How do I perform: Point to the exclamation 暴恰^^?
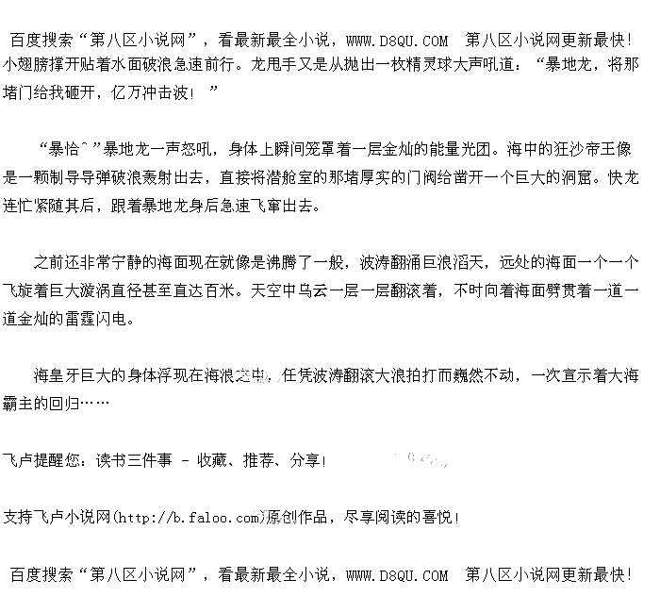pos(70,149)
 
